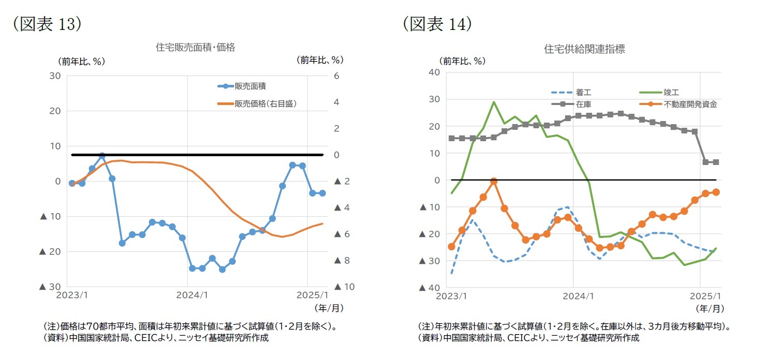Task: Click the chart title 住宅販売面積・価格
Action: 195,48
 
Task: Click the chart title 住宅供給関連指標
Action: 584,49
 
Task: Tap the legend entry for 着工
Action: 583,93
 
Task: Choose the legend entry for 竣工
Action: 671,93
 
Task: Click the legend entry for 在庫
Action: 583,104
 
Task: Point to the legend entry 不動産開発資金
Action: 690,104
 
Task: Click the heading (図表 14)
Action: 437,24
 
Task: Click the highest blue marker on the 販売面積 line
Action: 102,155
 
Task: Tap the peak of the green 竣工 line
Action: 494,102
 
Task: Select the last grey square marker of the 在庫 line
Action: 716,162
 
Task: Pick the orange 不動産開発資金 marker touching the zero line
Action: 494,181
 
